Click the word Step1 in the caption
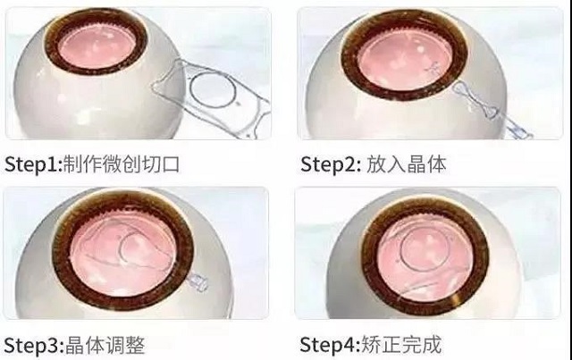tap(31, 164)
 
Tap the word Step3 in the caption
tap(32, 345)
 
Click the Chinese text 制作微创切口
tap(122, 163)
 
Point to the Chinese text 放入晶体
tap(406, 163)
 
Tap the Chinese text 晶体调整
tap(105, 345)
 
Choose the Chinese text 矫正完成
tap(401, 344)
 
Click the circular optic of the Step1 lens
tap(213, 89)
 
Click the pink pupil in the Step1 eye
tap(97, 46)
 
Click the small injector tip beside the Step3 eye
tap(198, 282)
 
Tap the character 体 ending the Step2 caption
tap(437, 163)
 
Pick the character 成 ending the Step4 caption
tap(433, 344)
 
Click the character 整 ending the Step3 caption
tap(135, 345)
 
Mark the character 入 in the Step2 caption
tap(396, 163)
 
